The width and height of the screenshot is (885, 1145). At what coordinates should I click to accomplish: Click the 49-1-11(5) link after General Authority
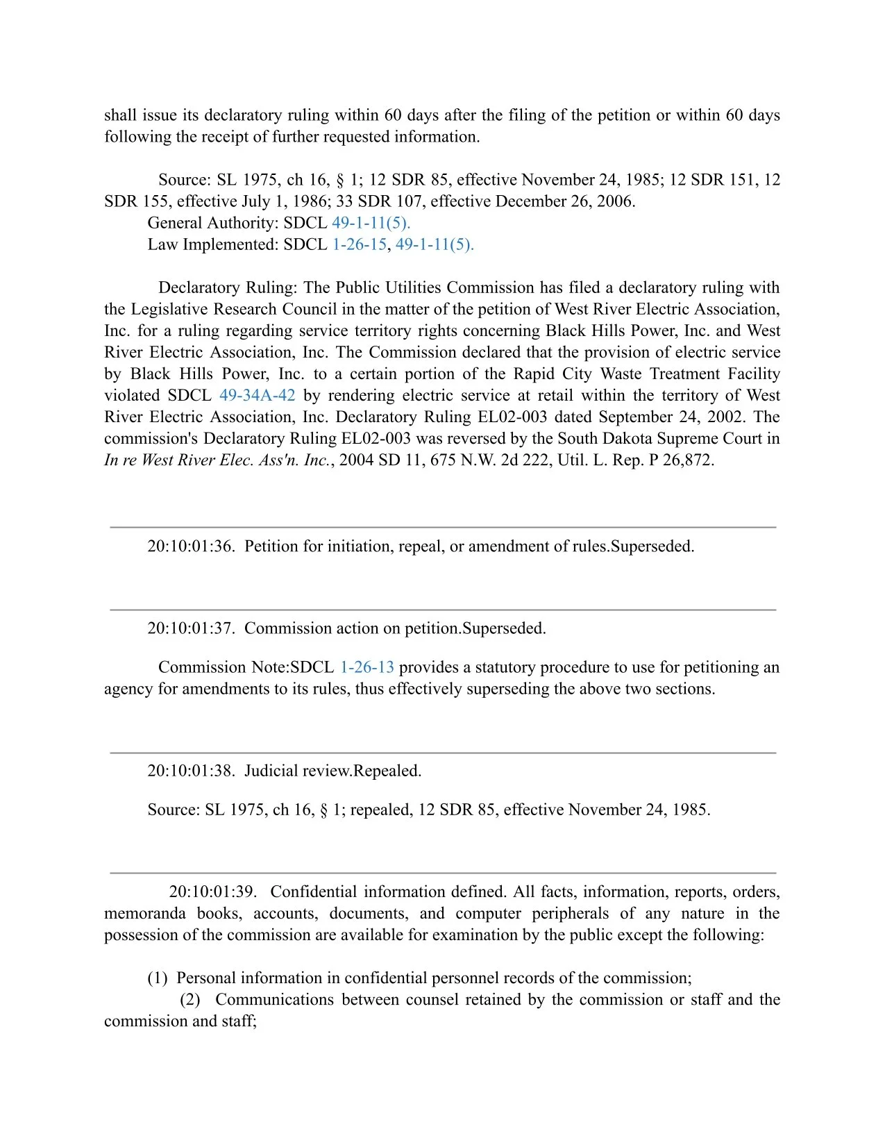click(371, 223)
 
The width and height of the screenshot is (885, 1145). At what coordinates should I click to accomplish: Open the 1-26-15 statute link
click(359, 244)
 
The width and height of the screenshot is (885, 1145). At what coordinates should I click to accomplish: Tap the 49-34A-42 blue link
click(257, 395)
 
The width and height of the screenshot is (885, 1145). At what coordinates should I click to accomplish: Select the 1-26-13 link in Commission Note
click(366, 667)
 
